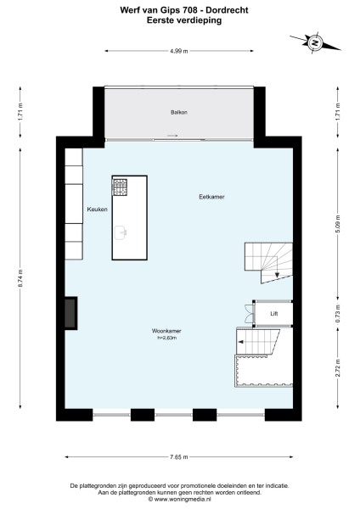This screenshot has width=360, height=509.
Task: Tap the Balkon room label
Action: pyautogui.click(x=177, y=112)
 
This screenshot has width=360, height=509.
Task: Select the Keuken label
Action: pyautogui.click(x=97, y=209)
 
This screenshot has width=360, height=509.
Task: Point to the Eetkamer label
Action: pyautogui.click(x=211, y=196)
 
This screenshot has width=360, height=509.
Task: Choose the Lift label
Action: pyautogui.click(x=273, y=314)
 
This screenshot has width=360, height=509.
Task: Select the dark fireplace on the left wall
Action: pyautogui.click(x=70, y=313)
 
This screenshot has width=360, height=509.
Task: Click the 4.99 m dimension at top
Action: pyautogui.click(x=178, y=52)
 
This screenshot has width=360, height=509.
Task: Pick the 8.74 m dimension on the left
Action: pyautogui.click(x=20, y=280)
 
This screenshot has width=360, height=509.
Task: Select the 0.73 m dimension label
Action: pyautogui.click(x=337, y=314)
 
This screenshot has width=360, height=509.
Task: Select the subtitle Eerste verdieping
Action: pyautogui.click(x=178, y=20)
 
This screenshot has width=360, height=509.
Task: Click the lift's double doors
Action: pyautogui.click(x=246, y=313)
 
